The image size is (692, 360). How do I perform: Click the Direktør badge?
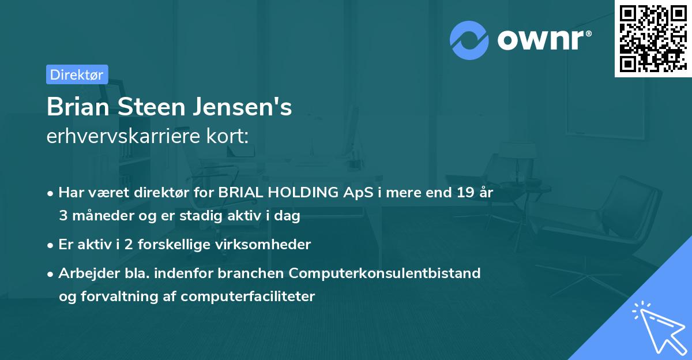pyautogui.click(x=77, y=74)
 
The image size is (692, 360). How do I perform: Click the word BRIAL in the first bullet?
pyautogui.click(x=239, y=193)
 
